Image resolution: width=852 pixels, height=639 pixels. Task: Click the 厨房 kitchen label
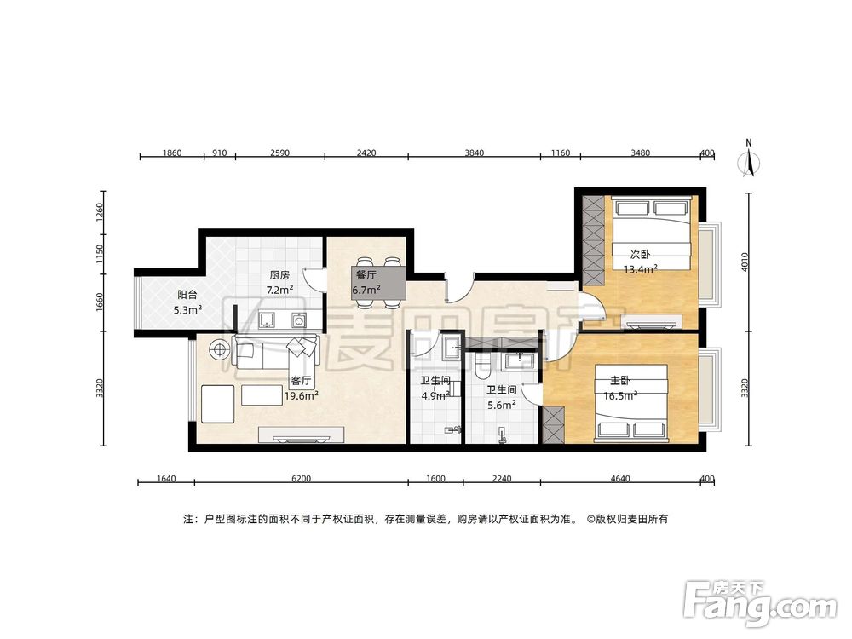point(279,275)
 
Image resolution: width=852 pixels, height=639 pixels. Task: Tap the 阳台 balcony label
point(187,295)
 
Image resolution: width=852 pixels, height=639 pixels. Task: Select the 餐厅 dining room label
point(366,275)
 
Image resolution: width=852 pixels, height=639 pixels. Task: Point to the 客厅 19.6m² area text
point(302,396)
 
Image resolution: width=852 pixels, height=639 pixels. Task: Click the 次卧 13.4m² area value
point(641,269)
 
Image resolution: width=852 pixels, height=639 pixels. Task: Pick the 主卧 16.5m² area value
point(620,396)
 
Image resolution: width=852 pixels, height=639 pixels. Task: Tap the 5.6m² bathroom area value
point(502,405)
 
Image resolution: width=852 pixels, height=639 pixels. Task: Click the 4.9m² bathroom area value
point(435,395)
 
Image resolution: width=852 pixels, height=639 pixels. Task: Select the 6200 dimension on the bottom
point(301,479)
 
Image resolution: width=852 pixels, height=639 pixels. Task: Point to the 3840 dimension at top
point(474,153)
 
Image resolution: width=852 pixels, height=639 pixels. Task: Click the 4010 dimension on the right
point(745,262)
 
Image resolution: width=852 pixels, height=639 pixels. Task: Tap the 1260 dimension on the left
point(99,212)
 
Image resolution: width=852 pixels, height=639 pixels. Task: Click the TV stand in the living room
point(301,435)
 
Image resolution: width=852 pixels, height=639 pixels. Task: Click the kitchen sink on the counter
point(266,320)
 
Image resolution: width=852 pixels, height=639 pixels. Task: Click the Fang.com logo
point(760,604)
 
